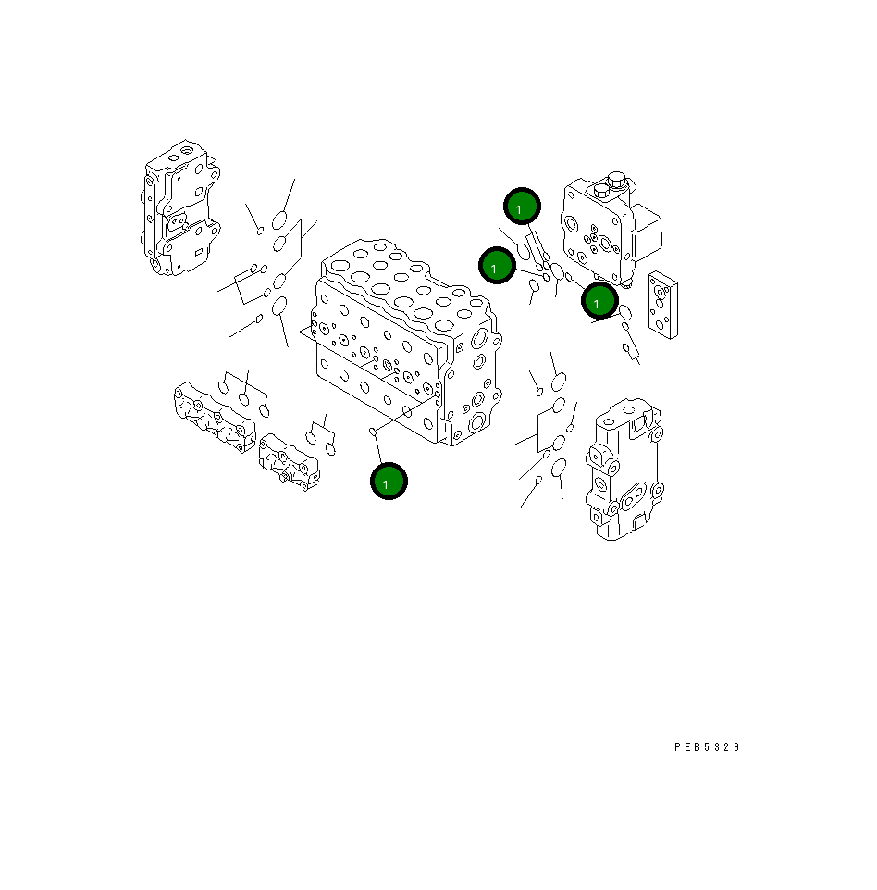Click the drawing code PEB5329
707,747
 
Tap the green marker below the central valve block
389,482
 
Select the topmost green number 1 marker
522,207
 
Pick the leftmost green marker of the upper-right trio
497,267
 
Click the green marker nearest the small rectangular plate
599,301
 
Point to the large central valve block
407,343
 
